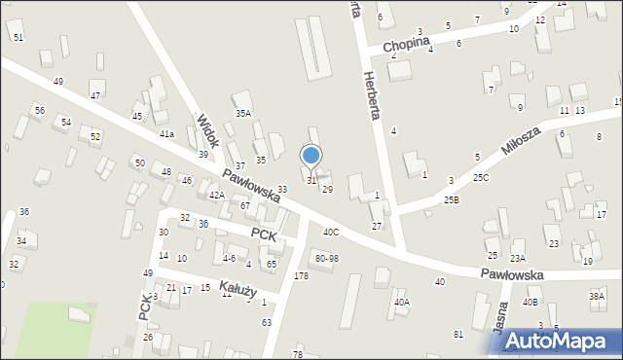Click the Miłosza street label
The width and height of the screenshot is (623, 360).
[521, 140]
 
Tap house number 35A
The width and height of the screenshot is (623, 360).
[242, 113]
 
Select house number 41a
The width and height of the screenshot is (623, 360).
[167, 133]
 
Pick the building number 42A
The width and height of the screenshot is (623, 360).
[217, 196]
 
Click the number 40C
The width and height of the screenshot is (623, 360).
[332, 232]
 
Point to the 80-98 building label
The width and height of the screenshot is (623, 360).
[327, 258]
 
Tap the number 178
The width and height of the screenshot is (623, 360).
[301, 277]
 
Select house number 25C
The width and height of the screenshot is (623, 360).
[481, 178]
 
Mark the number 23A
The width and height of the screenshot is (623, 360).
[518, 258]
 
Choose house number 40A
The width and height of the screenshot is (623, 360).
[402, 303]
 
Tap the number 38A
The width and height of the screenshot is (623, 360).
[597, 296]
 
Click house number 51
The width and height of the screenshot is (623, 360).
[18, 36]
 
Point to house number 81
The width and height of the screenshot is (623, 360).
[458, 335]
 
